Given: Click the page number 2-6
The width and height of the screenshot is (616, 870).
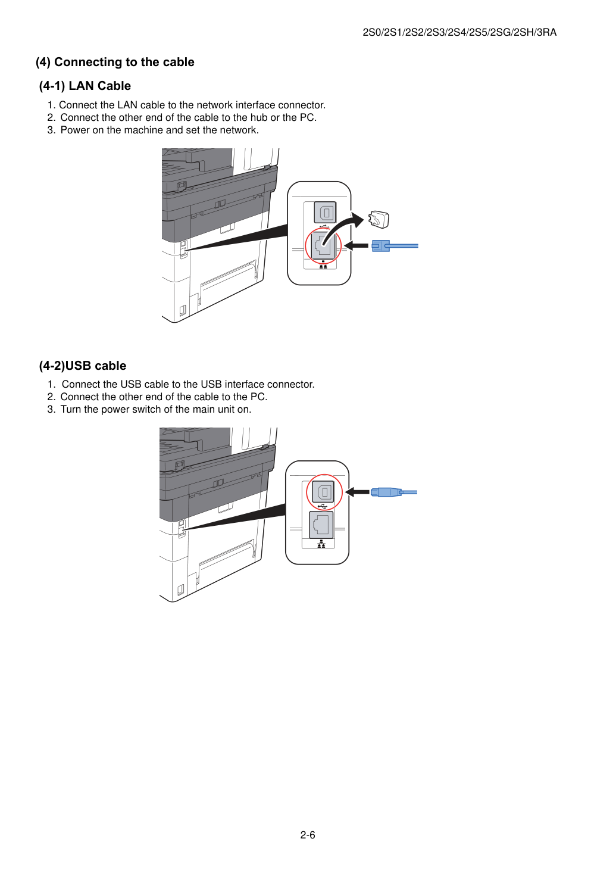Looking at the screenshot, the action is pyautogui.click(x=308, y=835).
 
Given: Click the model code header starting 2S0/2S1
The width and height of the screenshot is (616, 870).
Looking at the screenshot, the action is pyautogui.click(x=459, y=32).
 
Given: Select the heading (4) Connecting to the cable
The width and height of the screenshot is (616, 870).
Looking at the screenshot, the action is pyautogui.click(x=115, y=62).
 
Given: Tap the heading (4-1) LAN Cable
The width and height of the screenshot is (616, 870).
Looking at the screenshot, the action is pyautogui.click(x=85, y=86).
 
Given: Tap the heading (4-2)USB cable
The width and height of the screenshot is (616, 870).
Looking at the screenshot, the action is pyautogui.click(x=83, y=366).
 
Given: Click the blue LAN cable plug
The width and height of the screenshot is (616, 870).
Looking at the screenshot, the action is pyautogui.click(x=380, y=246).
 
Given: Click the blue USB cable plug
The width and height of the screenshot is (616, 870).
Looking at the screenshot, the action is pyautogui.click(x=386, y=492).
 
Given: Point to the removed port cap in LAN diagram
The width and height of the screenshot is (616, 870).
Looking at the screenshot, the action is pyautogui.click(x=379, y=220).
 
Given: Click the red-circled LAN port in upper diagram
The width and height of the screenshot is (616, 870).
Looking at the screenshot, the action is pyautogui.click(x=323, y=246).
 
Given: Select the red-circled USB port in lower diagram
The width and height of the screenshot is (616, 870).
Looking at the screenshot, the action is pyautogui.click(x=324, y=492).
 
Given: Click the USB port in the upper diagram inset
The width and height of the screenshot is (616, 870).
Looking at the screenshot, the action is pyautogui.click(x=325, y=213).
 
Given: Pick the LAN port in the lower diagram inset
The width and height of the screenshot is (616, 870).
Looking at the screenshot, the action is pyautogui.click(x=321, y=525).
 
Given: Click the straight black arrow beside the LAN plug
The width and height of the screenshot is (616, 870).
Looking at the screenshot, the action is pyautogui.click(x=356, y=245).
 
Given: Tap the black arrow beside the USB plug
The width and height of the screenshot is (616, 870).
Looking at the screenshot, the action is pyautogui.click(x=357, y=492).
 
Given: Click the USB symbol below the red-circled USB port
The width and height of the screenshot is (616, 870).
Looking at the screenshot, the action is pyautogui.click(x=322, y=506).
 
